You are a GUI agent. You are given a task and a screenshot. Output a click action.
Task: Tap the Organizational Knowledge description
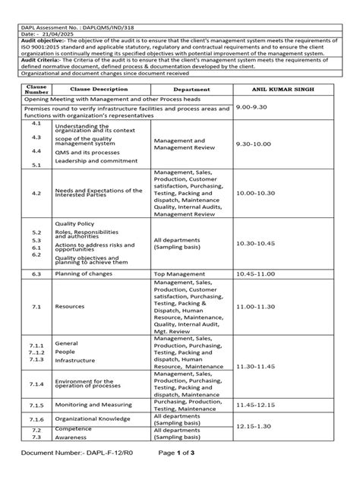tap(98, 418)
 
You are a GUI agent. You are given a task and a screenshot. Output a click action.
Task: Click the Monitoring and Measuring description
tap(95, 405)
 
